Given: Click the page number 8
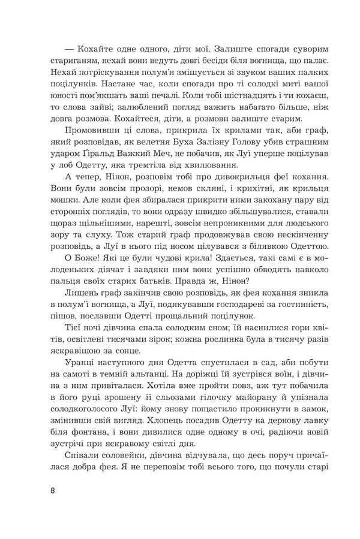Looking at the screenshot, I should pos(53,490).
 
